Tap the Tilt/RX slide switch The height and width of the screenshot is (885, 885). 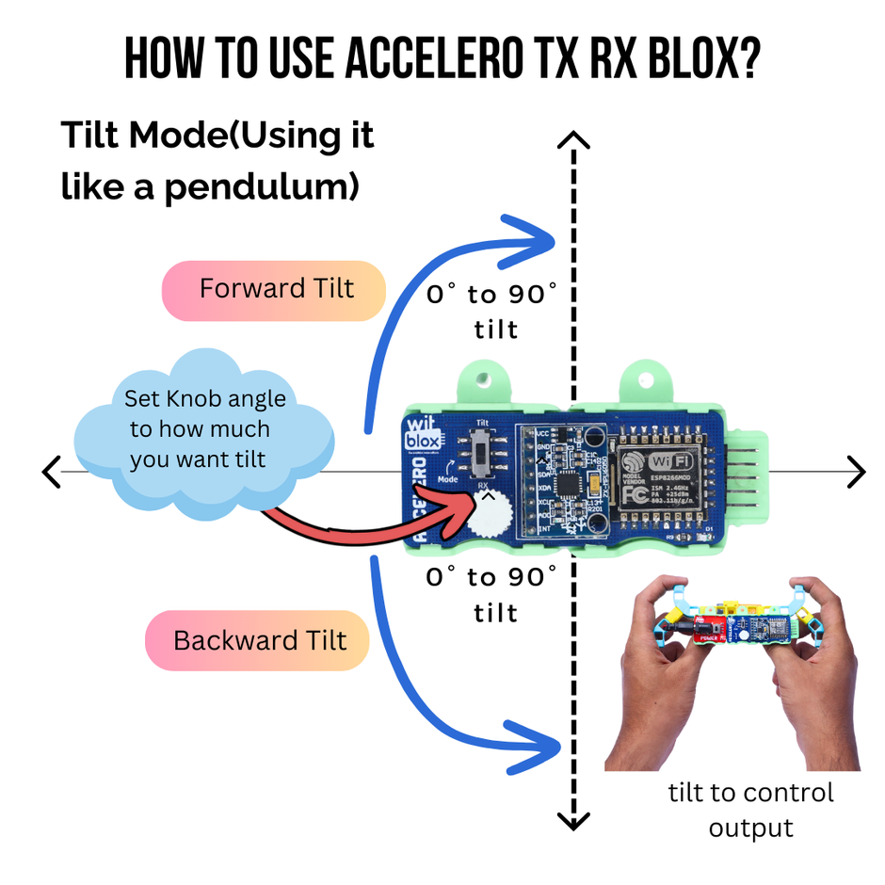pyautogui.click(x=484, y=456)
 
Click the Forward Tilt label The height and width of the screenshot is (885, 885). pyautogui.click(x=275, y=288)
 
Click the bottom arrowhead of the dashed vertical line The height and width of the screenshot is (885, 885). pyautogui.click(x=573, y=821)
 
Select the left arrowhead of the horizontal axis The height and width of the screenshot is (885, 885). pyautogui.click(x=52, y=471)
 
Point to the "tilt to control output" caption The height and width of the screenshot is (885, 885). pyautogui.click(x=750, y=810)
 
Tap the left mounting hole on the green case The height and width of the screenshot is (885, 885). pyautogui.click(x=483, y=381)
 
